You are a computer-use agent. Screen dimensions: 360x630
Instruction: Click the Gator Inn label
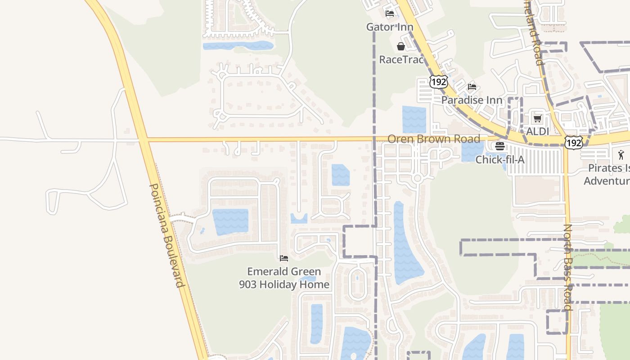pyautogui.click(x=390, y=27)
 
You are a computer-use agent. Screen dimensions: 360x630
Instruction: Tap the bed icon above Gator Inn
pyautogui.click(x=390, y=13)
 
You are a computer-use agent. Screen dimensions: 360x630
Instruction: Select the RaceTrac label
pyautogui.click(x=401, y=59)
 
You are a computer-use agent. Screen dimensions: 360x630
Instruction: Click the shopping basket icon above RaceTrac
pyautogui.click(x=401, y=46)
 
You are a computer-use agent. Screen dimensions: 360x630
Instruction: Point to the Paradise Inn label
pyautogui.click(x=472, y=100)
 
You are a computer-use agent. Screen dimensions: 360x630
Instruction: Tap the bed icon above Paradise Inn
pyautogui.click(x=472, y=86)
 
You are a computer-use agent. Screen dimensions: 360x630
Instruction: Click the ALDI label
pyautogui.click(x=538, y=132)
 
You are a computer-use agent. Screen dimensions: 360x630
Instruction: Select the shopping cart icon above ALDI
pyautogui.click(x=537, y=119)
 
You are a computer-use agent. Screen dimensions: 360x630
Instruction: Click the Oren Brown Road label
pyautogui.click(x=434, y=139)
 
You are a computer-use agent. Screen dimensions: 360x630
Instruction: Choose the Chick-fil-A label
pyautogui.click(x=500, y=159)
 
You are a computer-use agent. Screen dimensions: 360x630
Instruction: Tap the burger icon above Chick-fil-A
pyautogui.click(x=500, y=146)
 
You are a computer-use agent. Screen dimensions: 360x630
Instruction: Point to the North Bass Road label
pyautogui.click(x=568, y=267)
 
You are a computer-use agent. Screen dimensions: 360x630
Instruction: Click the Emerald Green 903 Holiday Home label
pyautogui.click(x=284, y=278)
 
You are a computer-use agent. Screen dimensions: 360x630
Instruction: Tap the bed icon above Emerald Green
pyautogui.click(x=284, y=258)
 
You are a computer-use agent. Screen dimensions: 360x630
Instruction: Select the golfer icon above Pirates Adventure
pyautogui.click(x=621, y=155)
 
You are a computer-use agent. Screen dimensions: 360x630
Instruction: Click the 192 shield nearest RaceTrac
pyautogui.click(x=438, y=81)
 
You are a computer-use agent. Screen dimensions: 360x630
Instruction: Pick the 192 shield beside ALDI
pyautogui.click(x=574, y=143)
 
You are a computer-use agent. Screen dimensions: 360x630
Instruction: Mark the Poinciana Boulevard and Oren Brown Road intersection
pyautogui.click(x=143, y=139)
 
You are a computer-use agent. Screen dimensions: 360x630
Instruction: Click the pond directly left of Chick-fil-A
pyautogui.click(x=472, y=152)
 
